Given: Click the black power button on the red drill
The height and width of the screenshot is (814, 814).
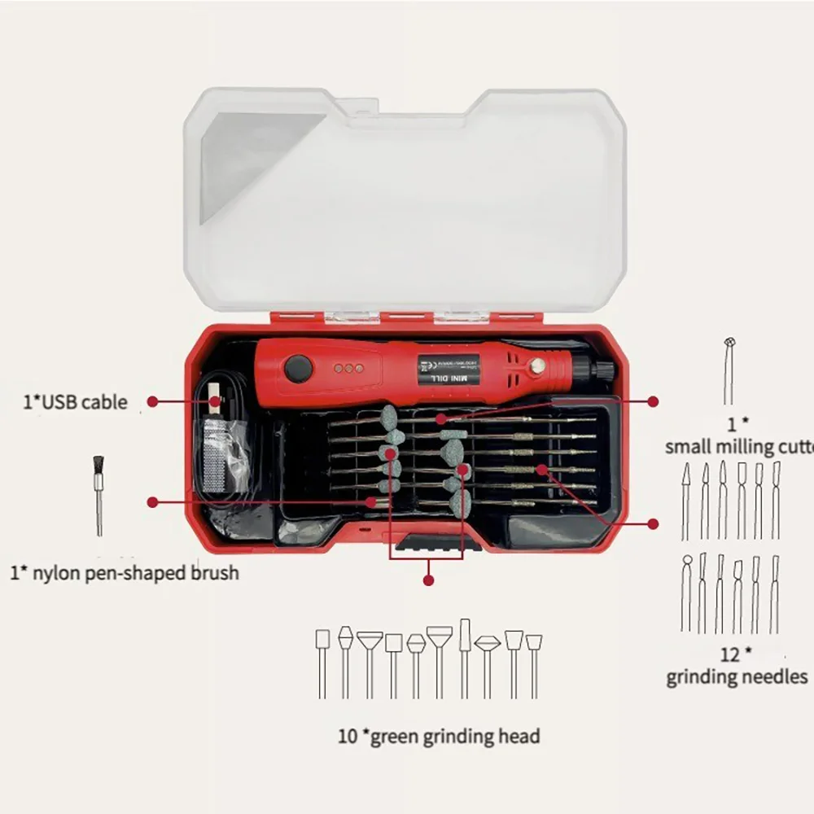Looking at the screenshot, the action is [x=299, y=370].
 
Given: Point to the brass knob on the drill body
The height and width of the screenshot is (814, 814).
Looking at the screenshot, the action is [x=536, y=368].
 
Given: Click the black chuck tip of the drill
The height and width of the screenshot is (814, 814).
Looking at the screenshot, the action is [x=602, y=371].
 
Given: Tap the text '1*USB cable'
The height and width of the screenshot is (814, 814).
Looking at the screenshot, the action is [x=75, y=401].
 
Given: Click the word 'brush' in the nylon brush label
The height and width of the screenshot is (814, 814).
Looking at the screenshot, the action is [x=211, y=573].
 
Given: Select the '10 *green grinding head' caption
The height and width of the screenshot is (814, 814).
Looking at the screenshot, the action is [x=439, y=737].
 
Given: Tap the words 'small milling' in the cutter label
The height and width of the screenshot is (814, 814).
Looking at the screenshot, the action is [x=720, y=447].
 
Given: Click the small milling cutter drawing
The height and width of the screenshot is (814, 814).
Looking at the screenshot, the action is [x=729, y=370].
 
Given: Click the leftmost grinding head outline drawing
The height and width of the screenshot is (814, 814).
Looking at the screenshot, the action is [x=322, y=663].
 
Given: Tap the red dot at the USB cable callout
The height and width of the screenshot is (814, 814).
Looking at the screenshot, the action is [x=152, y=401].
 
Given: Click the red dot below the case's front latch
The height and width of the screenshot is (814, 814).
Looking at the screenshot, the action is [x=428, y=580].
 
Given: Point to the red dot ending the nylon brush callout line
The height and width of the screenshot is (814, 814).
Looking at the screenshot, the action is [x=151, y=502].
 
